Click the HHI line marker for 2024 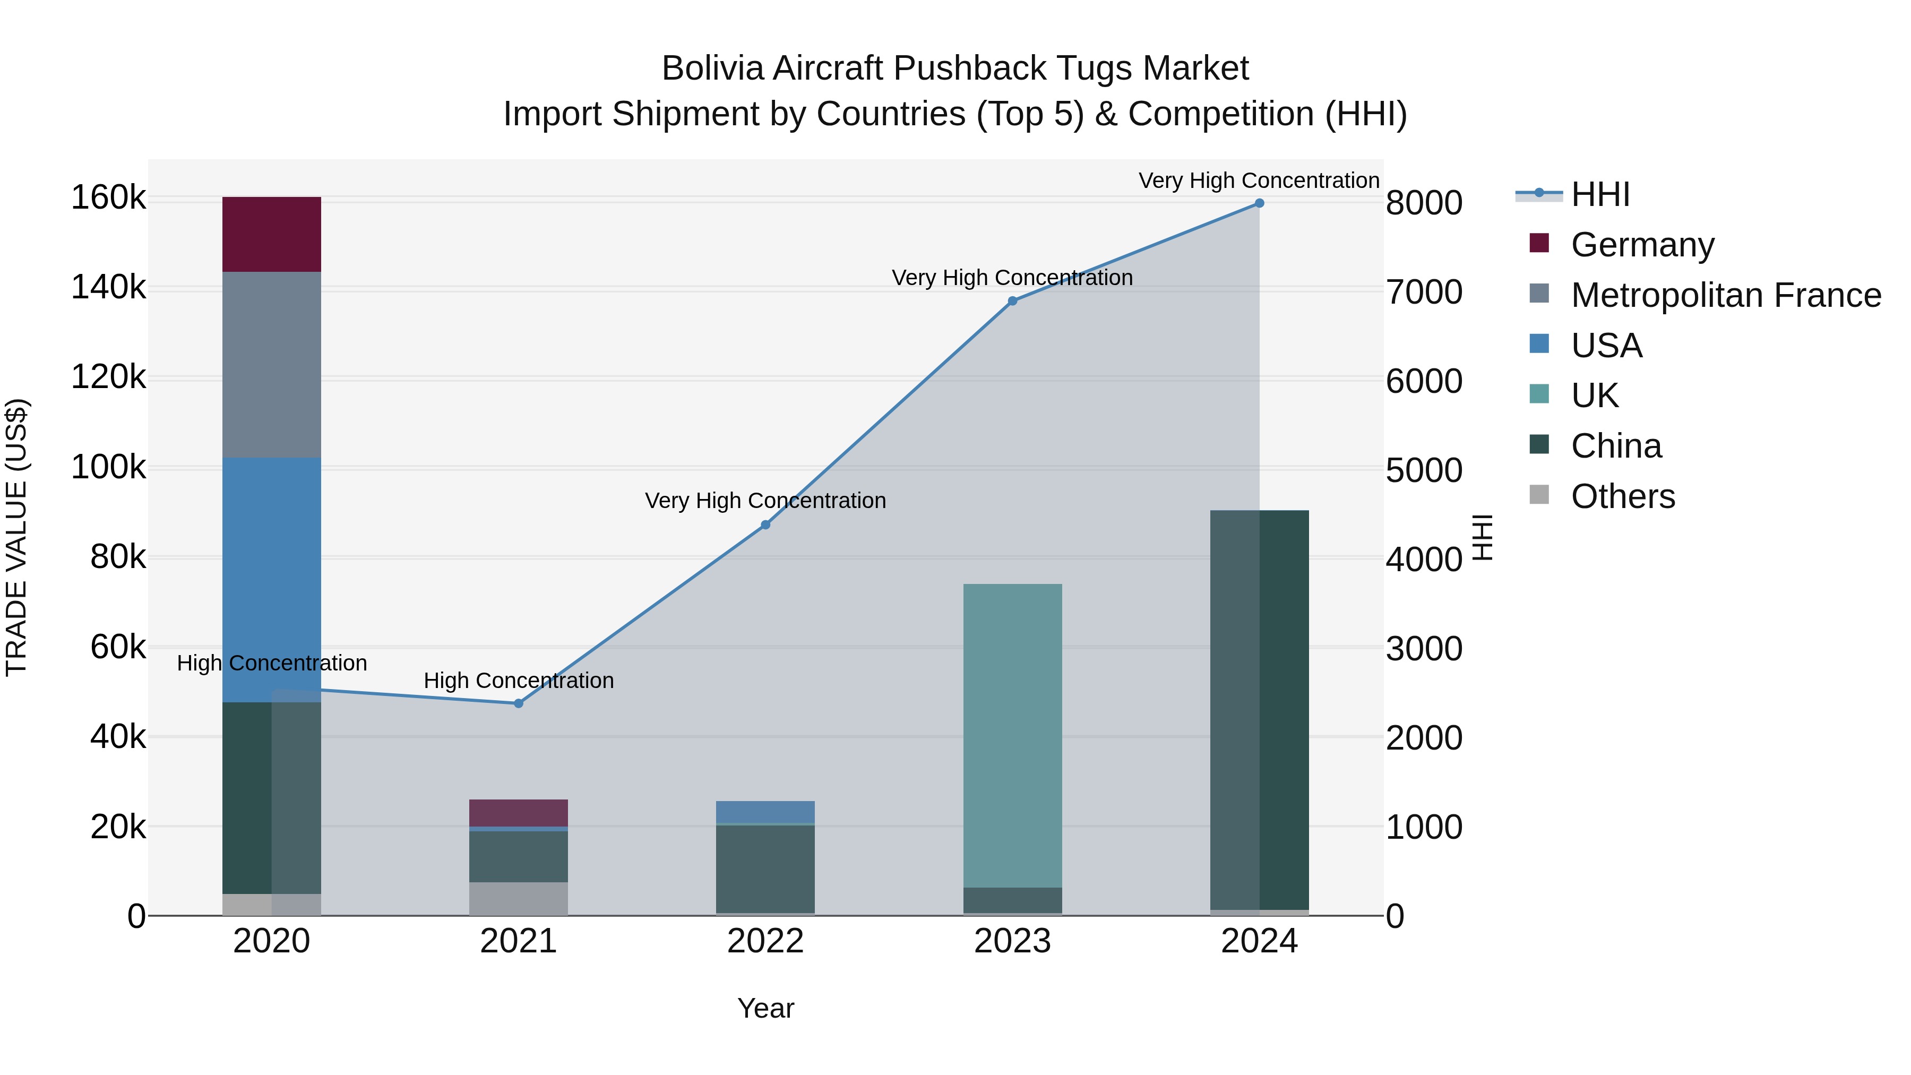pos(1259,203)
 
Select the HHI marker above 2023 pos(1012,301)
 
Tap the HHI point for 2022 pos(765,525)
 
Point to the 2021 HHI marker pos(519,703)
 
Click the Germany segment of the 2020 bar pos(271,235)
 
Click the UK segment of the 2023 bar pos(1012,735)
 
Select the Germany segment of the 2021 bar pos(519,812)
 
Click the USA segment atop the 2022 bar pos(765,812)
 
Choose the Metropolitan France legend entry pos(1726,295)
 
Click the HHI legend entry pos(1600,194)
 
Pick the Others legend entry pos(1622,496)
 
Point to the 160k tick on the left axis pos(108,198)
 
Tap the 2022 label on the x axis pos(765,941)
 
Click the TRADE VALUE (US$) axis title pos(16,537)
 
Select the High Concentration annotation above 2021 pos(519,681)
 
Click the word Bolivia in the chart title pos(712,68)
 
